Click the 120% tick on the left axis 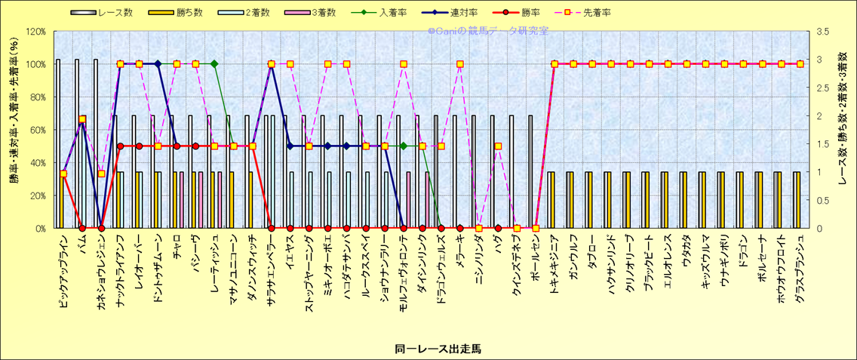click(x=35, y=31)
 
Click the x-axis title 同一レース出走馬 click(x=428, y=349)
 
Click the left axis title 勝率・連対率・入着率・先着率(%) click(x=13, y=129)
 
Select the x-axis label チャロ click(x=177, y=246)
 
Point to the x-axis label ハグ click(x=498, y=242)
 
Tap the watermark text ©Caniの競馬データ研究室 click(x=487, y=31)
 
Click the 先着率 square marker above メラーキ click(x=460, y=64)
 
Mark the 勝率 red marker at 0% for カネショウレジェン click(x=101, y=228)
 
